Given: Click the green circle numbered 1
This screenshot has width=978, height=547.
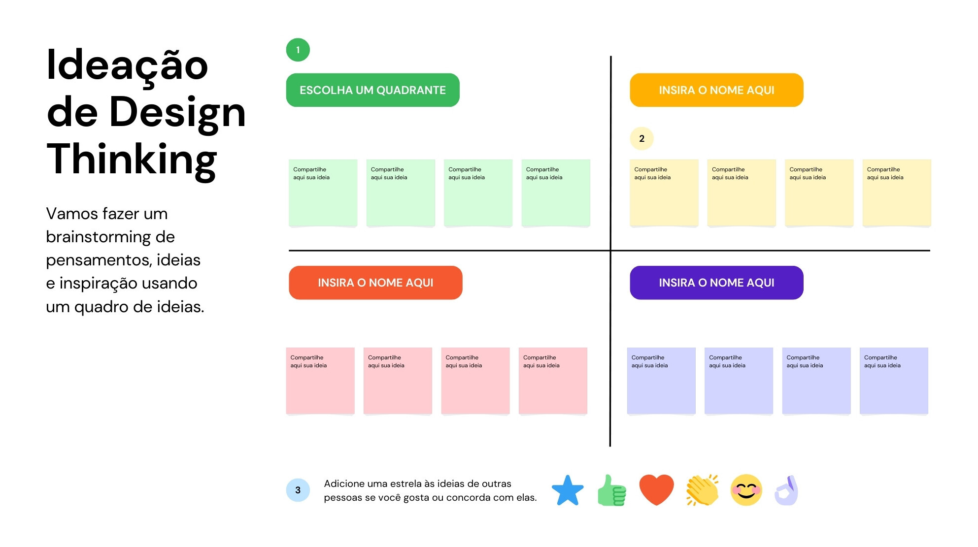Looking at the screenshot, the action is pyautogui.click(x=298, y=50).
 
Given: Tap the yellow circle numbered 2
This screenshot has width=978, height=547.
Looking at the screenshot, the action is pyautogui.click(x=641, y=138).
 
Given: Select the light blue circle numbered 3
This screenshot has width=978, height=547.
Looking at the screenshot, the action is pyautogui.click(x=298, y=490).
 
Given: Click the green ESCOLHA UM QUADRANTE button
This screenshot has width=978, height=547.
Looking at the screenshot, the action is pyautogui.click(x=372, y=90).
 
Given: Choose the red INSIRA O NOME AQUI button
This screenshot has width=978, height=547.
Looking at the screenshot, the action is pyautogui.click(x=375, y=283).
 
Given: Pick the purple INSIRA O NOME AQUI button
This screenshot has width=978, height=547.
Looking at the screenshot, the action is pyautogui.click(x=716, y=283).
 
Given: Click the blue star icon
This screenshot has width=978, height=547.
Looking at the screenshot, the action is pyautogui.click(x=568, y=490).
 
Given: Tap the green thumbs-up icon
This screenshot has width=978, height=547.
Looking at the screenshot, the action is pyautogui.click(x=611, y=490).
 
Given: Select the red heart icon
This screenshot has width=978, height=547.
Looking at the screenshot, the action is pyautogui.click(x=656, y=490).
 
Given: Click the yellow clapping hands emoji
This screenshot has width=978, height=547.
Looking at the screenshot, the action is pyautogui.click(x=702, y=490).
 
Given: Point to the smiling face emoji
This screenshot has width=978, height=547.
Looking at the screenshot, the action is pyautogui.click(x=746, y=490).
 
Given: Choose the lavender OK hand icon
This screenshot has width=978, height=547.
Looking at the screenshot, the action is pyautogui.click(x=787, y=490).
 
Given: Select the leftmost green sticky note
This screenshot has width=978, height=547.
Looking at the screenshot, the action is pyautogui.click(x=323, y=193).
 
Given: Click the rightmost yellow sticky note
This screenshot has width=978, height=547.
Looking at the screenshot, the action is pyautogui.click(x=897, y=193).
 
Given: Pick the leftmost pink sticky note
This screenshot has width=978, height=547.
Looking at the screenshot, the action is pyautogui.click(x=320, y=381).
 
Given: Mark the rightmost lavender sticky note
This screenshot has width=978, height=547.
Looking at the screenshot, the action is pyautogui.click(x=894, y=381).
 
